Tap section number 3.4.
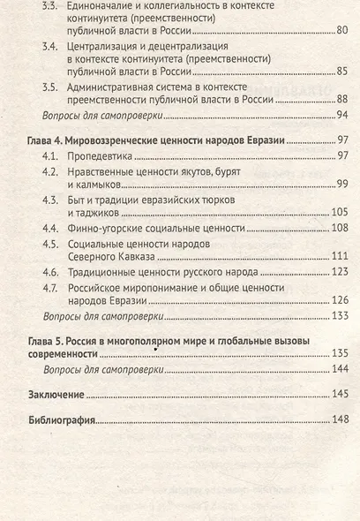coord(54,44)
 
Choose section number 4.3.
coord(54,199)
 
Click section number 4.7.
coord(54,285)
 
